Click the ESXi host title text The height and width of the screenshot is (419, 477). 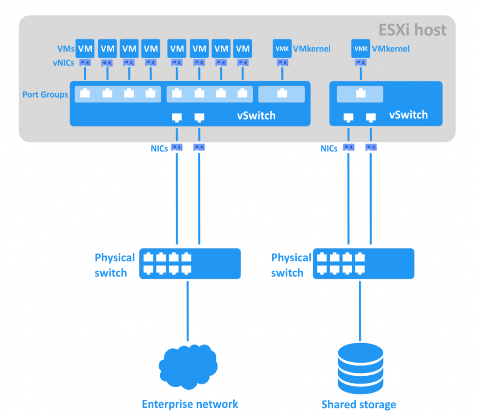413,30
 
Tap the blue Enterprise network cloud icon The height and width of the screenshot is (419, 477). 188,367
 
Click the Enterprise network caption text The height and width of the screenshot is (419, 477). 190,404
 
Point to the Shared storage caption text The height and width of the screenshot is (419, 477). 359,404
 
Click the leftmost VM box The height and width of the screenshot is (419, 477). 85,48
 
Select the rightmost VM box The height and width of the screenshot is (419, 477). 242,48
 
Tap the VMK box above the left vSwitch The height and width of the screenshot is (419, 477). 281,48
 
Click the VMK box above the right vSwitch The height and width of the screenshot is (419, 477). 360,48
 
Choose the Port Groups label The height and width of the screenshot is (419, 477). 45,95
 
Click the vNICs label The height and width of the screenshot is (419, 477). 63,63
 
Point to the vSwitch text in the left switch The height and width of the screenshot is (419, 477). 256,115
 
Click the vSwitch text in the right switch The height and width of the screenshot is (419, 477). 408,114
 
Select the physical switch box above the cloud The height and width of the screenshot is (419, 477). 190,264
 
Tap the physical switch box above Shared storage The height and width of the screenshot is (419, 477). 363,264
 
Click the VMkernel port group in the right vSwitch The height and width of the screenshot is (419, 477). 360,94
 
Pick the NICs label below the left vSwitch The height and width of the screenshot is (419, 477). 159,149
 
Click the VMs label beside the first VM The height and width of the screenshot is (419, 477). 66,48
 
